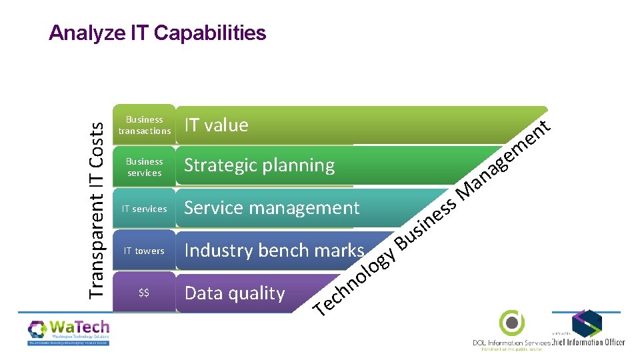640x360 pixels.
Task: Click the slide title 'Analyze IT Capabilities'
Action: point(157,33)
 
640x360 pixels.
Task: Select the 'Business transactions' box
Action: point(145,125)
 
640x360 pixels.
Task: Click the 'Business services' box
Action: point(145,167)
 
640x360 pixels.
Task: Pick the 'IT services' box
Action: point(145,209)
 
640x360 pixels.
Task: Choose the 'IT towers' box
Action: point(145,251)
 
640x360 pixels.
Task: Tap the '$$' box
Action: point(145,293)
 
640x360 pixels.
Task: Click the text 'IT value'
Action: point(216,125)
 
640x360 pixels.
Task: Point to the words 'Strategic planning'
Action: point(259,165)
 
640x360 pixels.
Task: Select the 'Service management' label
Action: point(271,208)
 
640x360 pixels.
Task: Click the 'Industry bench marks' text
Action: point(274,251)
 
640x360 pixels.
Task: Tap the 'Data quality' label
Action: point(235,293)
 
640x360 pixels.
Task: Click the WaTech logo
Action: point(69,331)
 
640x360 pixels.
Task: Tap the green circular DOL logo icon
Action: point(512,323)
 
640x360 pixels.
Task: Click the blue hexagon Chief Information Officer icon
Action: point(587,323)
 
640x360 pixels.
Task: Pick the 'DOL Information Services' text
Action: point(511,343)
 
